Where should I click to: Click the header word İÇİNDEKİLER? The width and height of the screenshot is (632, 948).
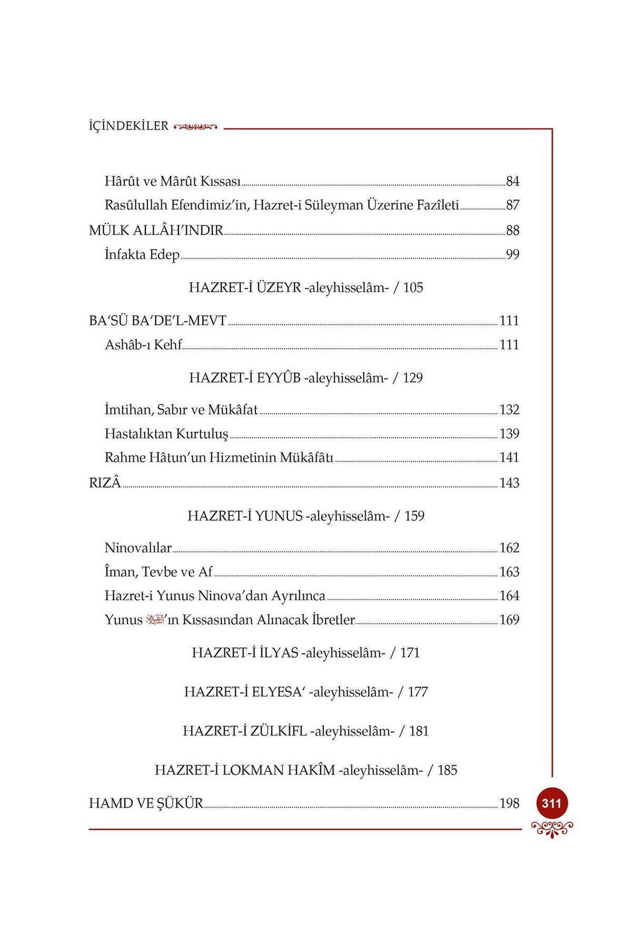point(129,126)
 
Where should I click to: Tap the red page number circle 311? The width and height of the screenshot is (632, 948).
point(551,803)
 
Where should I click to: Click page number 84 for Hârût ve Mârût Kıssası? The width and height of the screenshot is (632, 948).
point(512,182)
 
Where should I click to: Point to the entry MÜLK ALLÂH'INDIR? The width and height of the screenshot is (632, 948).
point(156,231)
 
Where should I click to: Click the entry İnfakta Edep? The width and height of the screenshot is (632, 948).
point(142,255)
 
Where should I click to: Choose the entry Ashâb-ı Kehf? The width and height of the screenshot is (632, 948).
point(143,345)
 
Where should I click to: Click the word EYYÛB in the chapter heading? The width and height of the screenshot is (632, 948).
point(279,378)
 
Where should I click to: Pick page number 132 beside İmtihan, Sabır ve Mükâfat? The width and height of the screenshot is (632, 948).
point(509,410)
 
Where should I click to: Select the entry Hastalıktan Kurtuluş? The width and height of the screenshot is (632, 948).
point(166,434)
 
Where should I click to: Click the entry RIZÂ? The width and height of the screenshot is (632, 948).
point(105,483)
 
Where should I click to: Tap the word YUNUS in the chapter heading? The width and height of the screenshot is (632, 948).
point(279,516)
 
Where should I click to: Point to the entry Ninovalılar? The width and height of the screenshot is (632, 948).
point(138,548)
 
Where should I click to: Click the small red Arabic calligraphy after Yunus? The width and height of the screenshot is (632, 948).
point(155,619)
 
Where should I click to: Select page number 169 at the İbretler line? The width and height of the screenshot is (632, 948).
point(509,620)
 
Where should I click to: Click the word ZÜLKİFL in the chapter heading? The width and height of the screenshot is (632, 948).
point(279,732)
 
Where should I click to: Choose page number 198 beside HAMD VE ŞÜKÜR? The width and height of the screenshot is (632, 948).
point(509,804)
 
